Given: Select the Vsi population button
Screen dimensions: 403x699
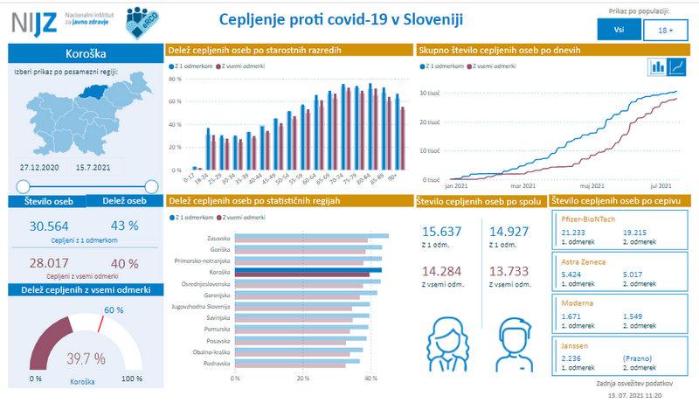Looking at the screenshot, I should (x=618, y=29).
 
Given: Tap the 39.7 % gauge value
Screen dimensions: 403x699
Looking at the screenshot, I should (x=86, y=358).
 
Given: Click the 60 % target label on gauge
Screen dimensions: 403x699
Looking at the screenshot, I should (x=114, y=310).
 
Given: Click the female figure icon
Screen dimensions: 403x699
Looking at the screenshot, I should (x=450, y=345).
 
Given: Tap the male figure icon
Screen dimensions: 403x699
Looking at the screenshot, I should (x=515, y=345).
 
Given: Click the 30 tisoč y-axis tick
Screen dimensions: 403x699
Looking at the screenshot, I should (x=429, y=92).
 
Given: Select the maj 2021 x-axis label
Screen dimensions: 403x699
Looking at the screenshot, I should (x=592, y=186).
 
